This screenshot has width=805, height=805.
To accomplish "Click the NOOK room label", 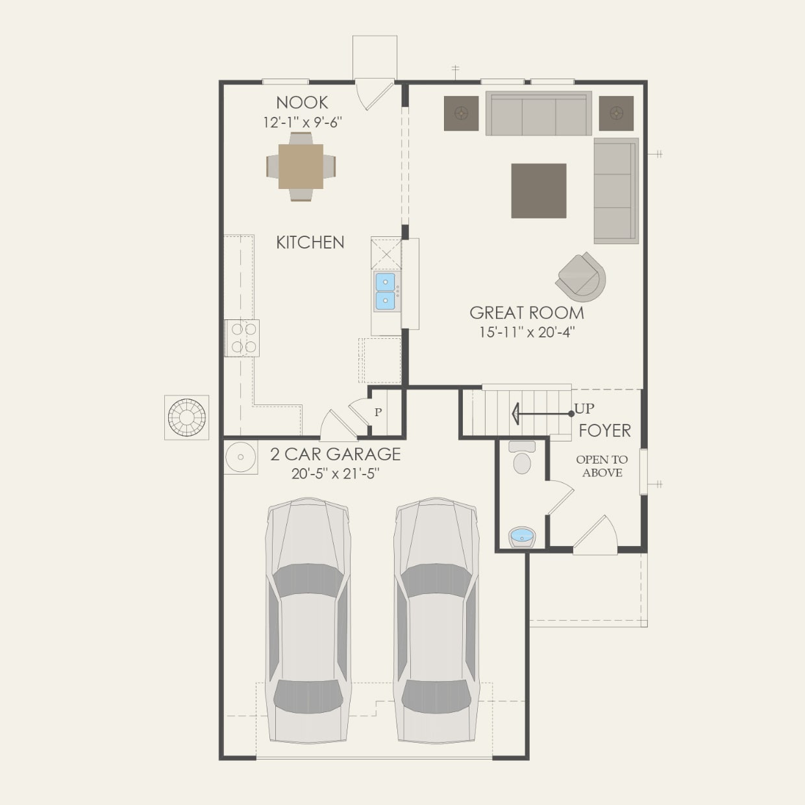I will pos(302,103).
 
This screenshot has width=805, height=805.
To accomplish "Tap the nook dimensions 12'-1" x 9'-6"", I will pos(303,122).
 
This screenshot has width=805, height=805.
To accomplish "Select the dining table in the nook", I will pos(301,166).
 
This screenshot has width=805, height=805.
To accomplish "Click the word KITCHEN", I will pos(310,243).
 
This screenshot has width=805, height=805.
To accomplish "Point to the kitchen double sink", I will pos(386,291).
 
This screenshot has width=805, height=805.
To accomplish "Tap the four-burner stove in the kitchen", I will pos(242,338).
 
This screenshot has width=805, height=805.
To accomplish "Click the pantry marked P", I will pos(378,412).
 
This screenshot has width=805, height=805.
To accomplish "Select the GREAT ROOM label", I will pos(526,313).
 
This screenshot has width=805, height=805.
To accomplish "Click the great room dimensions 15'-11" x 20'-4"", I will pos(526,332).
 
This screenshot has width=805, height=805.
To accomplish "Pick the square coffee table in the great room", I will pos(538,191).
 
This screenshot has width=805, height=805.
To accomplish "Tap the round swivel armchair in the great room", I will pos(582,277).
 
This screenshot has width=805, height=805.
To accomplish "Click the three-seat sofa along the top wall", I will pos(538,114).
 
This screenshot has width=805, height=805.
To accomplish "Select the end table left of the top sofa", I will pos(461,114).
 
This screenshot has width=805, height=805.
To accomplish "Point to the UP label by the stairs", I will pos(584,409).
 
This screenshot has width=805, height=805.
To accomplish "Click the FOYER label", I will pos(604,430).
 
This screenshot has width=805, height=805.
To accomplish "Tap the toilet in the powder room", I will pos(522,459).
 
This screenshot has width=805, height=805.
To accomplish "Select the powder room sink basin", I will pos(521,537).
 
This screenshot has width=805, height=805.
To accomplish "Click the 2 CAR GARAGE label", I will pos(335,454).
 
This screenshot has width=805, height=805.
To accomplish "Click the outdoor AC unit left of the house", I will pos(186,417).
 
